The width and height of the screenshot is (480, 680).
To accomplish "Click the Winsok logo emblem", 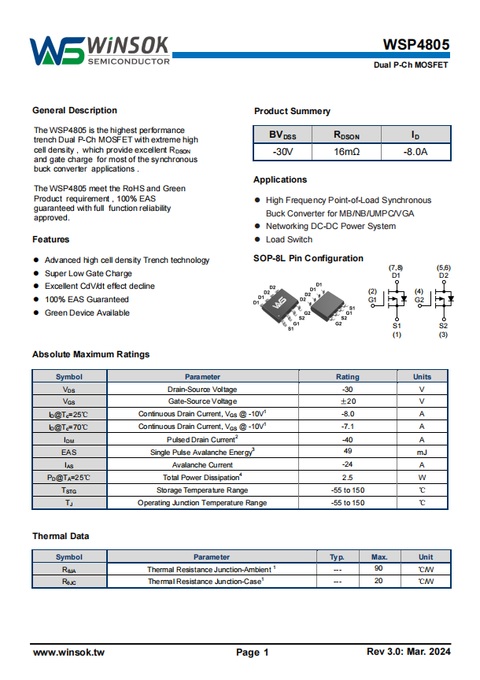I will click(57, 51).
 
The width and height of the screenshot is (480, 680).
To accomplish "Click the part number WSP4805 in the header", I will click(416, 45).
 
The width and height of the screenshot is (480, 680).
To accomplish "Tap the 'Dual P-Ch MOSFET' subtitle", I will click(411, 65).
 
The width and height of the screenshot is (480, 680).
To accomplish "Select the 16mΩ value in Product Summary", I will click(346, 151).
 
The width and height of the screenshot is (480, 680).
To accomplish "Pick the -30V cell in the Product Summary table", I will click(282, 151).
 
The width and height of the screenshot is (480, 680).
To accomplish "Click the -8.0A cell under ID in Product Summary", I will click(415, 151).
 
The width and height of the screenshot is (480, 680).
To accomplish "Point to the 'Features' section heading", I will click(51, 239).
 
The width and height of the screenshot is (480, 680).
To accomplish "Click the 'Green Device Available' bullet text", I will click(87, 312).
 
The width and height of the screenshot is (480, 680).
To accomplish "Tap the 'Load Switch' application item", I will click(289, 239).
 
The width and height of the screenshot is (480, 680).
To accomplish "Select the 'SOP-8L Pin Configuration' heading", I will click(308, 258).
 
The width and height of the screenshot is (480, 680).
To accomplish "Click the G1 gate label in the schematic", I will click(372, 300).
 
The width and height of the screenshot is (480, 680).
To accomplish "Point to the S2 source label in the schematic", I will click(443, 326).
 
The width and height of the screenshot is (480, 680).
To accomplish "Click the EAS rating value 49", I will click(347, 452).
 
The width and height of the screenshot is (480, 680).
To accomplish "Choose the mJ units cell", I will click(422, 452).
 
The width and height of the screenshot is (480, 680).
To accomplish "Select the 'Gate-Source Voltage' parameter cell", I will click(202, 401).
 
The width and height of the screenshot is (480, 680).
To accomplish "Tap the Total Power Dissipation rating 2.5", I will click(347, 477).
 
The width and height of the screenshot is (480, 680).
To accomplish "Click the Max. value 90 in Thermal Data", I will click(378, 568).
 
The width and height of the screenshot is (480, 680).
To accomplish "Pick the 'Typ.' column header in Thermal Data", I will click(337, 556).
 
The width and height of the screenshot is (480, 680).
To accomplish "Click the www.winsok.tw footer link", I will click(68, 652).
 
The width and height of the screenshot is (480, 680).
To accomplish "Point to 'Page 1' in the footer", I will click(253, 652).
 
